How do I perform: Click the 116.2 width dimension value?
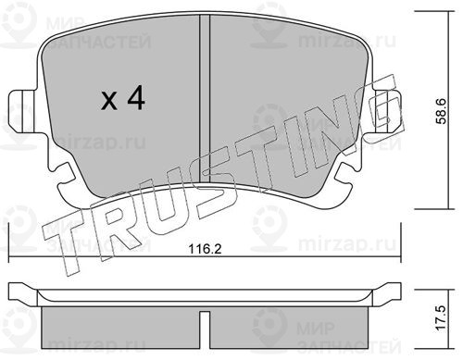coord(206,249)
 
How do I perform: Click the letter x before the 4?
coord(109,101)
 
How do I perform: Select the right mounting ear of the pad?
coord(386,111)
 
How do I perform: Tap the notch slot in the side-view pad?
coord(205,329)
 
